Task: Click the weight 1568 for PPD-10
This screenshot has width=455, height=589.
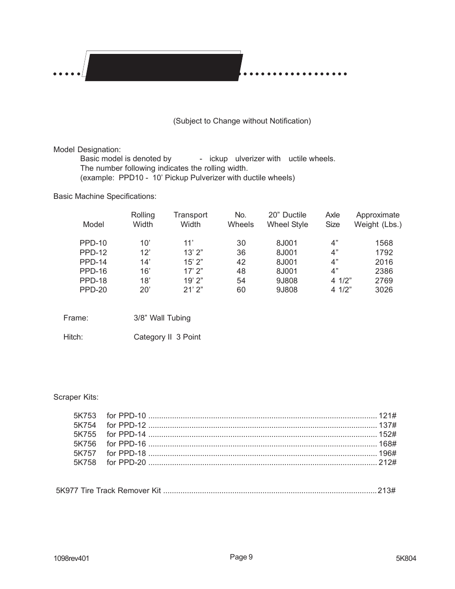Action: click(383, 243)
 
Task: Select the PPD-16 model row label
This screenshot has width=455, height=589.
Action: click(93, 271)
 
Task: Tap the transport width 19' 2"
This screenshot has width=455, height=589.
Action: click(193, 280)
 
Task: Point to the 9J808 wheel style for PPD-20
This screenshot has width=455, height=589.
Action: click(287, 289)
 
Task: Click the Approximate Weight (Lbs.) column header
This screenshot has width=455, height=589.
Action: click(378, 219)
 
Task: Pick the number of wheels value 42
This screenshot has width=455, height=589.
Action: click(241, 262)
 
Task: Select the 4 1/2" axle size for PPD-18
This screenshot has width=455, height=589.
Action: click(341, 280)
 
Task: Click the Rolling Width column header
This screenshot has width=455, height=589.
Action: click(143, 219)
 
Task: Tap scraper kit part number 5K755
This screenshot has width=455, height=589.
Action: click(85, 434)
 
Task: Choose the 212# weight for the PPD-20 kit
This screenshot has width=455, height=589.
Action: click(387, 462)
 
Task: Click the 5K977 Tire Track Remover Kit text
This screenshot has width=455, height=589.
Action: click(109, 490)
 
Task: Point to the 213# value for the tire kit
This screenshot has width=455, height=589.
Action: click(386, 490)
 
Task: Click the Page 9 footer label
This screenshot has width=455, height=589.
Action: click(241, 557)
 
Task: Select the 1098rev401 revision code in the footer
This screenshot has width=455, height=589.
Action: click(71, 558)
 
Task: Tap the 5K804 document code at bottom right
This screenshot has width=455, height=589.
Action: click(406, 558)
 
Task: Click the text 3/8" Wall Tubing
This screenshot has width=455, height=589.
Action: click(162, 318)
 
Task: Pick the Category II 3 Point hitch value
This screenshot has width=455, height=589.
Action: click(167, 337)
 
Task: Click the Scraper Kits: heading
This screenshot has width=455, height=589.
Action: click(76, 397)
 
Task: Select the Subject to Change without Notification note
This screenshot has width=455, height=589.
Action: click(242, 121)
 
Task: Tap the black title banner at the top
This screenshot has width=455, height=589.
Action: click(163, 68)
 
